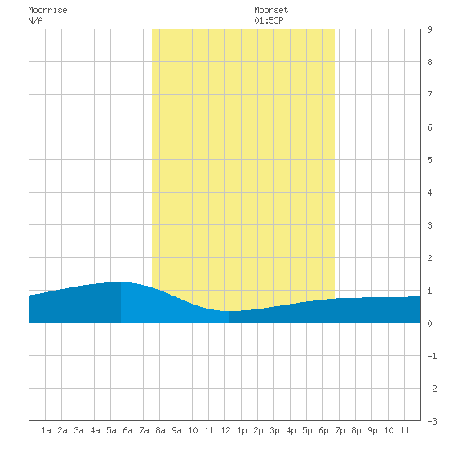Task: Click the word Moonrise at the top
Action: pyautogui.click(x=47, y=10)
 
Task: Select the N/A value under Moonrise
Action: pyautogui.click(x=35, y=20)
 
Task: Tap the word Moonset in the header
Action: pyautogui.click(x=271, y=10)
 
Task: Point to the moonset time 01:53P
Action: pyautogui.click(x=269, y=20)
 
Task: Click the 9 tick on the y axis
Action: pyautogui.click(x=429, y=29)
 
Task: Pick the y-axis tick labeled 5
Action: pyautogui.click(x=429, y=160)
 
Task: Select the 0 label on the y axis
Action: pyautogui.click(x=429, y=323)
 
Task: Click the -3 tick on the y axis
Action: pyautogui.click(x=432, y=421)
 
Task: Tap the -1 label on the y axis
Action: pyautogui.click(x=432, y=356)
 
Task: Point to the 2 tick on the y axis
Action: pyautogui.click(x=429, y=258)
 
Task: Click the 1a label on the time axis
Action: pyautogui.click(x=46, y=430)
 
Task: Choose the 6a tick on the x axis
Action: pyautogui.click(x=127, y=430)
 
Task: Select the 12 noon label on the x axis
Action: pyautogui.click(x=225, y=430)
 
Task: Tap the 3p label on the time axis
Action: pyautogui.click(x=274, y=430)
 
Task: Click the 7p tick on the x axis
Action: pyautogui.click(x=340, y=430)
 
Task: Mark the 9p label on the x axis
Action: pyautogui.click(x=372, y=430)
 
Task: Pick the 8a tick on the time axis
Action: pyautogui.click(x=160, y=430)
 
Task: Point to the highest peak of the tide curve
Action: pyautogui.click(x=120, y=282)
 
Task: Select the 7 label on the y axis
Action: pyautogui.click(x=429, y=95)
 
